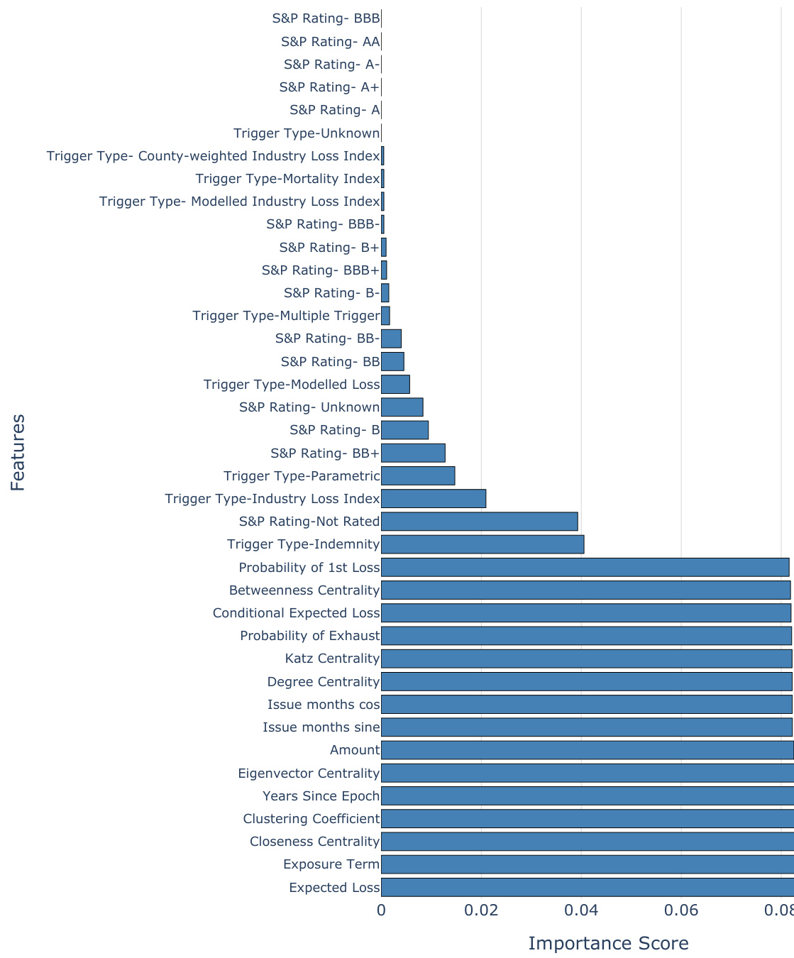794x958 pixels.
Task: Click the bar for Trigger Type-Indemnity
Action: point(483,544)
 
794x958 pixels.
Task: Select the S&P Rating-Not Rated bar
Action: point(480,522)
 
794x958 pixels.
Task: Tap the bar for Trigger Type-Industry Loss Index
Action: point(434,499)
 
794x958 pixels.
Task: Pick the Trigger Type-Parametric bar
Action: point(418,476)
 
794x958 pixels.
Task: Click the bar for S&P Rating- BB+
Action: point(413,453)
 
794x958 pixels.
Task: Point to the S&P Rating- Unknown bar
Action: point(402,407)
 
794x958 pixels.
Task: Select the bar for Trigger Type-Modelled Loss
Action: point(395,385)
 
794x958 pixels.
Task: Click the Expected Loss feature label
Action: point(334,887)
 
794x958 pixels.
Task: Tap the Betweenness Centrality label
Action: point(304,590)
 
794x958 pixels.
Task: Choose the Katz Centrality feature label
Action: point(332,659)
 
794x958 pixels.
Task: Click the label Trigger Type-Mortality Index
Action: point(287,179)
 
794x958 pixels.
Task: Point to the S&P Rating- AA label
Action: point(330,42)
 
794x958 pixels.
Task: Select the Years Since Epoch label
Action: point(321,795)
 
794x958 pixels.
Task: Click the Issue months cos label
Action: point(324,705)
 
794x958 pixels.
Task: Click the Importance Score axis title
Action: point(608,943)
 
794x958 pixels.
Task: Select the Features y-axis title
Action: point(18,453)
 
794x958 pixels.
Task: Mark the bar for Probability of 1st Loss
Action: point(585,567)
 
